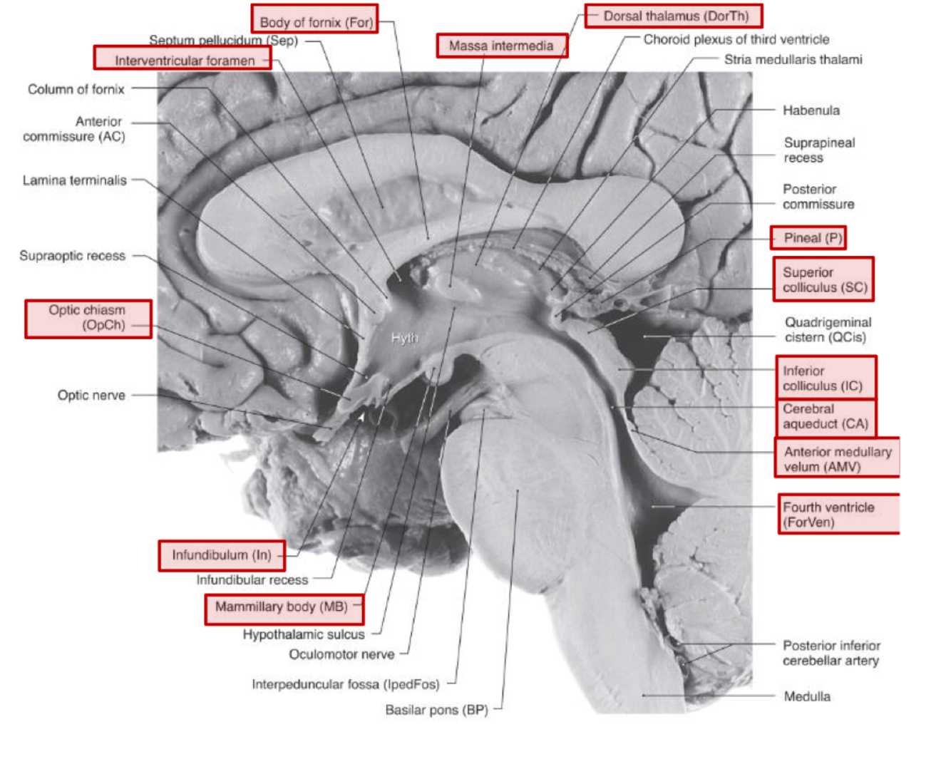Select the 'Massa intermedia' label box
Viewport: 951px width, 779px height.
(502, 46)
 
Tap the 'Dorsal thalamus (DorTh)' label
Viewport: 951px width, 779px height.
(673, 16)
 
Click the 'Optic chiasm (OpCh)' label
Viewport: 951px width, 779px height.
(88, 319)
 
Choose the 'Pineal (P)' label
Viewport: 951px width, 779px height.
(809, 238)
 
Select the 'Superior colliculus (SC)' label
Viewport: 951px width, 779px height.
(823, 279)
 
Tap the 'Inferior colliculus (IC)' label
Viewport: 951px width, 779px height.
(824, 378)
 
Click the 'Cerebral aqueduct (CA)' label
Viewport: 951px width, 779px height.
(825, 417)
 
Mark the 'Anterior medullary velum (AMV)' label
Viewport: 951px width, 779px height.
(837, 459)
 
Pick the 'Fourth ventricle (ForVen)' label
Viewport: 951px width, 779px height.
(838, 515)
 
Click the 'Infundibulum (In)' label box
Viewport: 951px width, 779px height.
(222, 555)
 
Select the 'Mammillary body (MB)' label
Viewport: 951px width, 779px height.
(283, 608)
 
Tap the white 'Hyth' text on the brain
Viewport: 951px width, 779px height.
(404, 338)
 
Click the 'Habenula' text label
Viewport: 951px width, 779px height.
(811, 110)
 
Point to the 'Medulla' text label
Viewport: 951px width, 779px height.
(807, 696)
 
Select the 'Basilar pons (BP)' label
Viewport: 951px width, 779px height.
(436, 710)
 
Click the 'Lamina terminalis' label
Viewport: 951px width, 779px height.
(75, 180)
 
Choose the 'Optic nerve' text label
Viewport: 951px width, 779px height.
(91, 396)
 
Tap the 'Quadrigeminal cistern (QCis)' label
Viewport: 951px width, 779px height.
(828, 330)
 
